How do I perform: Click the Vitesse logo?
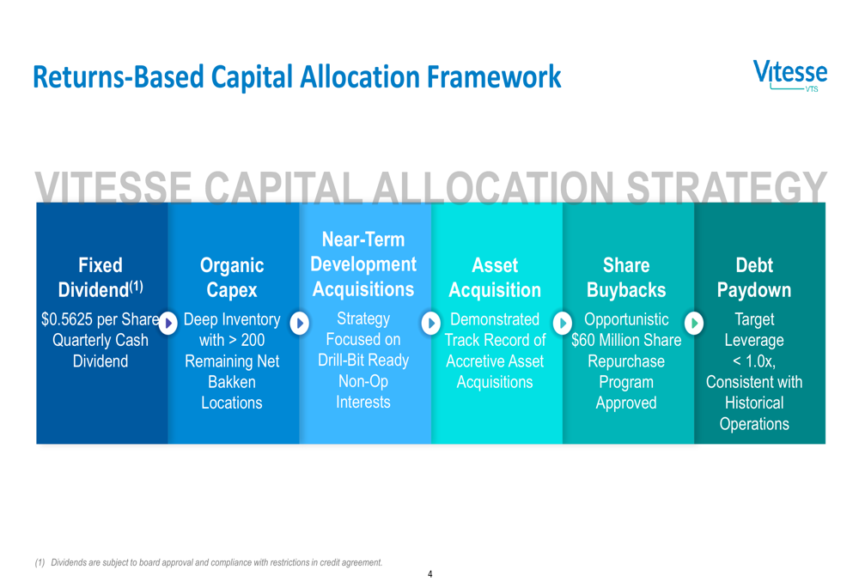click(790, 76)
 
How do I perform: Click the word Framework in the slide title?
click(494, 76)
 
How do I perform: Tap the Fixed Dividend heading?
click(101, 277)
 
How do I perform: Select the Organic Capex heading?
click(232, 277)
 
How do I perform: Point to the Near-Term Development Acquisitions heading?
click(363, 264)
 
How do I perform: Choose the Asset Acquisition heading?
click(495, 277)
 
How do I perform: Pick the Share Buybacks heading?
click(626, 277)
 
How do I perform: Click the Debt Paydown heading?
click(754, 277)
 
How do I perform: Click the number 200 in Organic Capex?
click(253, 340)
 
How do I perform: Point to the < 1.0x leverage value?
click(754, 361)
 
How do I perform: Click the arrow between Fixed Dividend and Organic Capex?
click(168, 324)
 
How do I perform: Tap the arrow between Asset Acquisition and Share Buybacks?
click(563, 324)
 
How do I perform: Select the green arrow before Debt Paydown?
click(694, 324)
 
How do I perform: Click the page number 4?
click(430, 574)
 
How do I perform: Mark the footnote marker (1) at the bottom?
click(40, 563)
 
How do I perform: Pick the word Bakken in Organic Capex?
click(232, 382)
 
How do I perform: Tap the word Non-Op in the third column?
click(363, 382)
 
